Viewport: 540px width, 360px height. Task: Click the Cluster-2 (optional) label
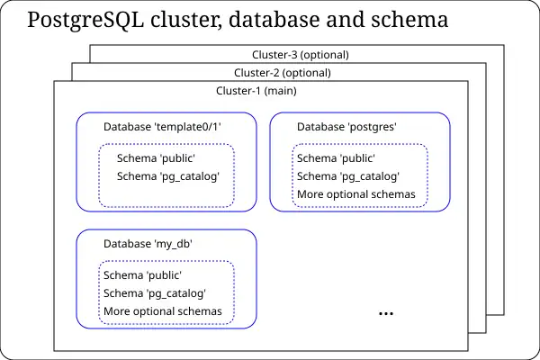pyautogui.click(x=283, y=73)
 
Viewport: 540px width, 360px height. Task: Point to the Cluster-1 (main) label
pyautogui.click(x=256, y=91)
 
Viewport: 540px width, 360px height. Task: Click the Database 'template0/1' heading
pyautogui.click(x=162, y=127)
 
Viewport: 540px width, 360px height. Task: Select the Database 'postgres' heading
pyautogui.click(x=347, y=127)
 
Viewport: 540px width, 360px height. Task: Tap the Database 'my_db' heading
pyautogui.click(x=148, y=244)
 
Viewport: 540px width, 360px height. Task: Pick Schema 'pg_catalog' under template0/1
pyautogui.click(x=168, y=176)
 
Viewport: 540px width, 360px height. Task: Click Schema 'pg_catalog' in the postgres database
pyautogui.click(x=348, y=176)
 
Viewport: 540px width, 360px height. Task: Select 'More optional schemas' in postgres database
pyautogui.click(x=356, y=194)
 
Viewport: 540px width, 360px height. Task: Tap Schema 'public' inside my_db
pyautogui.click(x=143, y=275)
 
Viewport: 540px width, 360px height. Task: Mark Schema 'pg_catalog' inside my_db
pyautogui.click(x=155, y=293)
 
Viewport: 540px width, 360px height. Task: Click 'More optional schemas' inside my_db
pyautogui.click(x=163, y=311)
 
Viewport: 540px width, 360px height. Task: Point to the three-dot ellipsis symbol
pyautogui.click(x=386, y=313)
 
